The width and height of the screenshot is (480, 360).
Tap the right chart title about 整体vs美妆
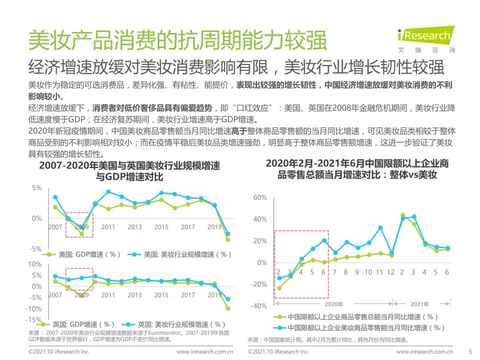coord(357,169)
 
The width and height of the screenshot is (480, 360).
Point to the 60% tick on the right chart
coord(260,198)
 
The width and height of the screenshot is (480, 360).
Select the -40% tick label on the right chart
coord(259,306)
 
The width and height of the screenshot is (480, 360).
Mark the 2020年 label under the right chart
coord(334,304)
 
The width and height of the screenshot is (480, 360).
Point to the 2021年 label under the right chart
coord(420,304)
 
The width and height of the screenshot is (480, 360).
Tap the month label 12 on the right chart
coord(391,272)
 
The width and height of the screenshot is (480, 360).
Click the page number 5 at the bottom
coord(470,352)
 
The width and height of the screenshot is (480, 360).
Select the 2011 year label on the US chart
coord(108,227)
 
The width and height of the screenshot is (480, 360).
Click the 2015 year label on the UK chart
coord(161,295)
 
